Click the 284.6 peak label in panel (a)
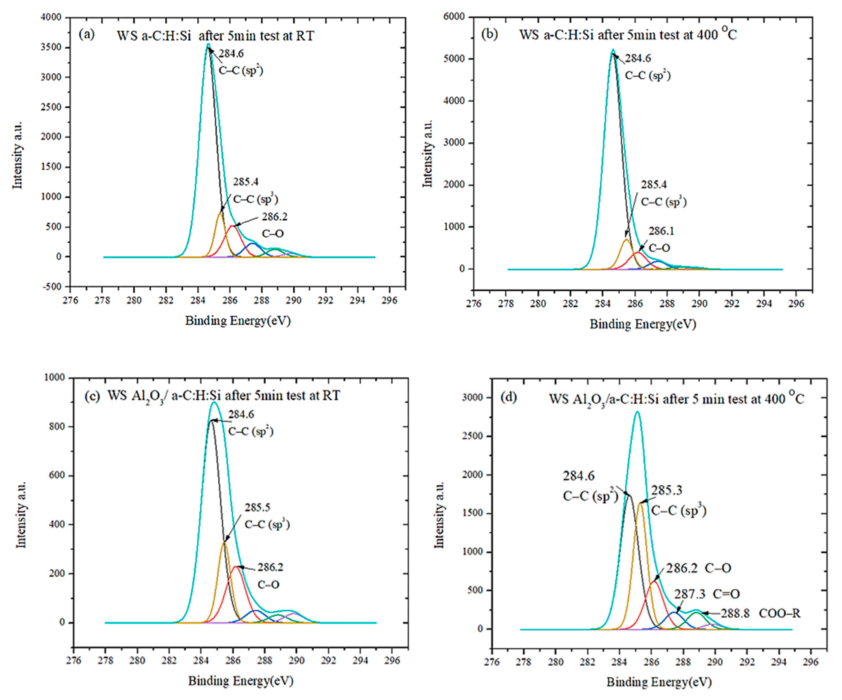(231, 53)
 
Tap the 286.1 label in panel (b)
(661, 231)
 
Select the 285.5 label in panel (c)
(258, 507)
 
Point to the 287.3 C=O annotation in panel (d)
(706, 594)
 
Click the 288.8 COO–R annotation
(760, 613)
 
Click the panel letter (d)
(509, 398)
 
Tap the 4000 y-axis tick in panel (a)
(51, 17)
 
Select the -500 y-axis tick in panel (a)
(52, 286)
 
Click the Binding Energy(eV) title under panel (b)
(642, 324)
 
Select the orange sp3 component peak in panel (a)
(220, 213)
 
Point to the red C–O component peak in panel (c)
(237, 566)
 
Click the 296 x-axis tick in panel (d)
(810, 662)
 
